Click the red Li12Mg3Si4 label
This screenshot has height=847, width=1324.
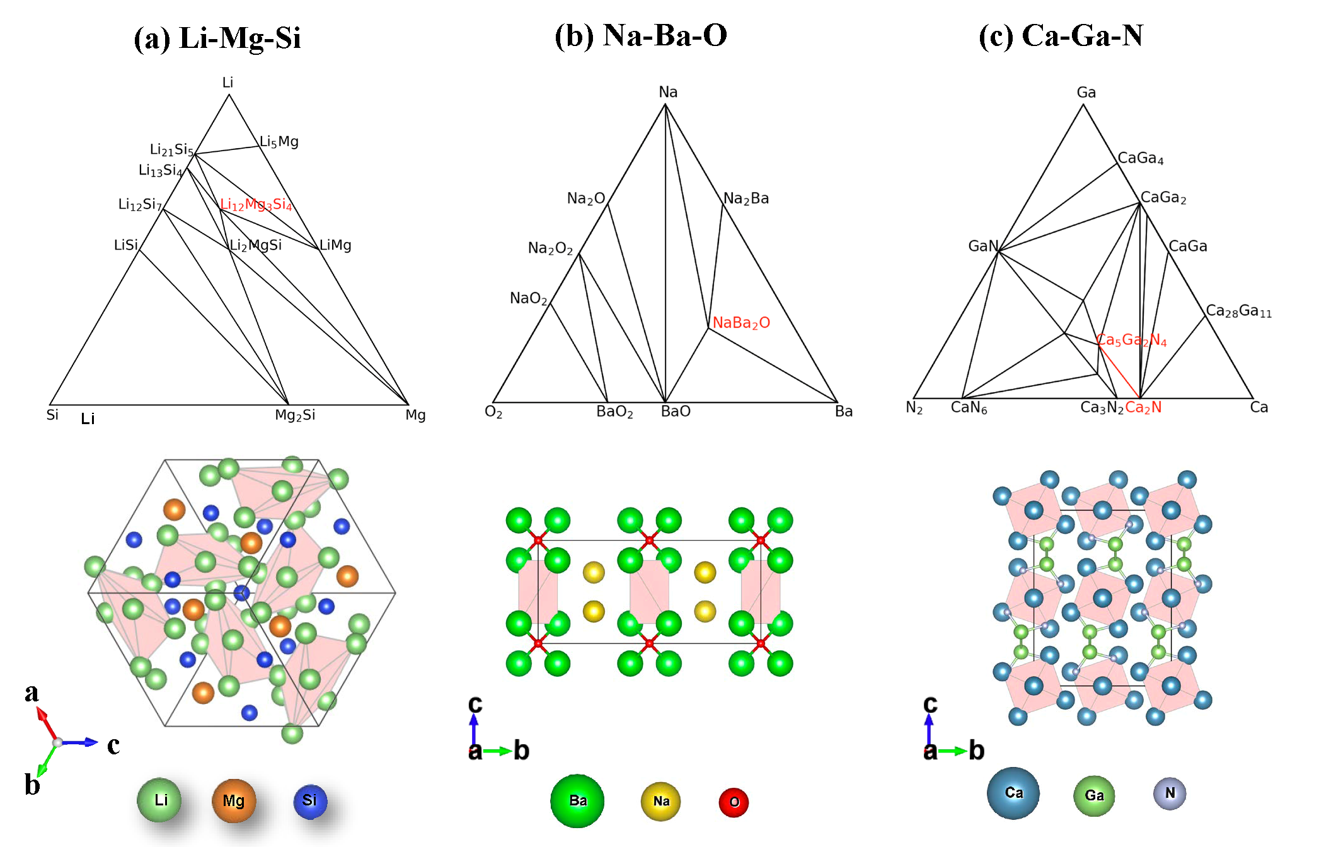pos(256,205)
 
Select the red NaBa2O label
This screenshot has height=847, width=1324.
pos(741,323)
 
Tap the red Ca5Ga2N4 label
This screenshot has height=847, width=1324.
pos(1132,340)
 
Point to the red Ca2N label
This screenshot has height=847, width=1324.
pos(1143,408)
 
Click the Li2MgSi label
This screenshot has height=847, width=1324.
pos(256,245)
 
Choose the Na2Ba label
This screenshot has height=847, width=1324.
pos(746,199)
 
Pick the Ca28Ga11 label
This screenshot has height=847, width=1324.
pos(1238,311)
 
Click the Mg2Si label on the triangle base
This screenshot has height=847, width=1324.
pos(295,415)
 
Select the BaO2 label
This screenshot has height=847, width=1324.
pos(614,412)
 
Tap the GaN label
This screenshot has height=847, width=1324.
pos(983,246)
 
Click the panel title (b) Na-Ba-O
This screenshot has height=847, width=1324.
pos(641,35)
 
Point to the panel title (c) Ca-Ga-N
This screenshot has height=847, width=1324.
pos(1061,35)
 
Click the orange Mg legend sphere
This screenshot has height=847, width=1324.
pos(234,801)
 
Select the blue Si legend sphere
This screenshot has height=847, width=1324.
pos(310,801)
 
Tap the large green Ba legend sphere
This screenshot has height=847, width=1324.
pos(577,801)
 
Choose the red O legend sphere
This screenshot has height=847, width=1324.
pos(734,802)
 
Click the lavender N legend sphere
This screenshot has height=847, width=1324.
pos(1170,793)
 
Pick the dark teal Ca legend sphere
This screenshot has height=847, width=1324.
pos(1013,793)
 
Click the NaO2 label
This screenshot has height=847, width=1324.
pos(528,299)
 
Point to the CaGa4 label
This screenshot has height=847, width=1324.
pos(1141,158)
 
